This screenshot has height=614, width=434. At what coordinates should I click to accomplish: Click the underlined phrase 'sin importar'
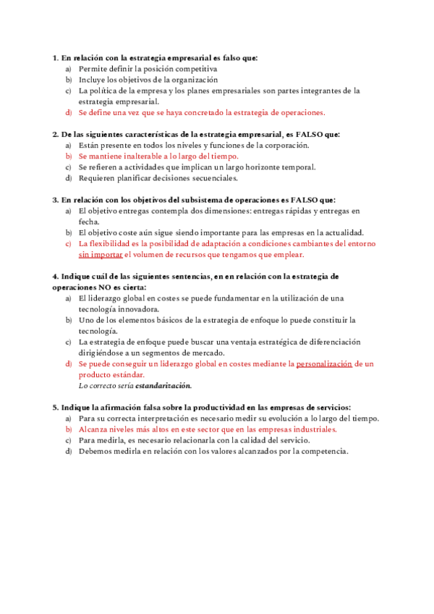[101, 255]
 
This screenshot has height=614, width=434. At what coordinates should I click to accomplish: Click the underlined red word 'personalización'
[324, 363]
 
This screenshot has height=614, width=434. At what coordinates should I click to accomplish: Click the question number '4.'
[56, 277]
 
